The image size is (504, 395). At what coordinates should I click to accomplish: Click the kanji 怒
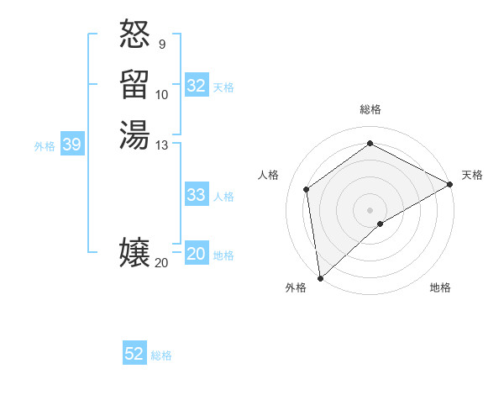click(x=134, y=35)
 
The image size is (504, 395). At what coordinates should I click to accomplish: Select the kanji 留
click(x=134, y=85)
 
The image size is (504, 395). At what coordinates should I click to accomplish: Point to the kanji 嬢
click(x=134, y=252)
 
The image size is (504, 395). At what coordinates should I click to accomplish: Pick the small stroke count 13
click(x=162, y=145)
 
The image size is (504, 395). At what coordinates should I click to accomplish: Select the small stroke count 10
click(x=162, y=94)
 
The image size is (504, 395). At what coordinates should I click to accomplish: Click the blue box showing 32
click(x=197, y=86)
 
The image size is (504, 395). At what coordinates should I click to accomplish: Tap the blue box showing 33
click(x=197, y=195)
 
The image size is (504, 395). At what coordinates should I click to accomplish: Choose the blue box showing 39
click(x=71, y=145)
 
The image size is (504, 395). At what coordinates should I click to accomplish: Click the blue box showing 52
click(x=134, y=354)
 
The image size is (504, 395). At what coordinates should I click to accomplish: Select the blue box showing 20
click(x=197, y=255)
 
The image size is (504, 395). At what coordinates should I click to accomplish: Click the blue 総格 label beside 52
click(x=161, y=355)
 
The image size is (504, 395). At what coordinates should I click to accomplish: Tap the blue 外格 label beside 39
click(x=45, y=146)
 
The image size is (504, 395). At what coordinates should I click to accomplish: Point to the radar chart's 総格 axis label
click(x=370, y=109)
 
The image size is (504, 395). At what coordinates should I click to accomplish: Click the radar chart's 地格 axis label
click(x=440, y=287)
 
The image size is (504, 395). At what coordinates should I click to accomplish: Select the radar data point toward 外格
click(x=320, y=278)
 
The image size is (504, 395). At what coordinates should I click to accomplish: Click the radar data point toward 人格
click(x=307, y=189)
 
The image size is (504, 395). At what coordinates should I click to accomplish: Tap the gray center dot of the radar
click(x=370, y=209)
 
